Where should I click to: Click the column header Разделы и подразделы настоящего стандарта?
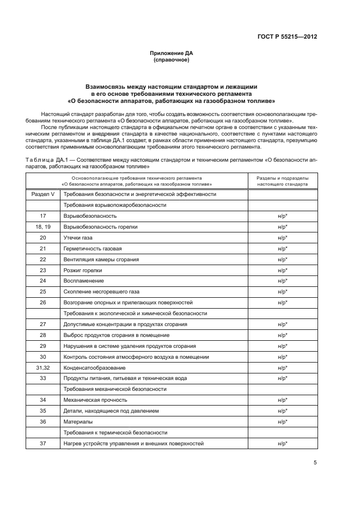283,181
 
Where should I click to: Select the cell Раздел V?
43,194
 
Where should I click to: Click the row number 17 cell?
43,216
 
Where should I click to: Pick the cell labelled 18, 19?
43,227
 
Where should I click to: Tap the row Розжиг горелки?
83,270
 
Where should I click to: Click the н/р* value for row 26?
283,302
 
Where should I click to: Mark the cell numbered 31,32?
43,367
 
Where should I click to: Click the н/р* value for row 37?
283,444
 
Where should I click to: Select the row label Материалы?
78,422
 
